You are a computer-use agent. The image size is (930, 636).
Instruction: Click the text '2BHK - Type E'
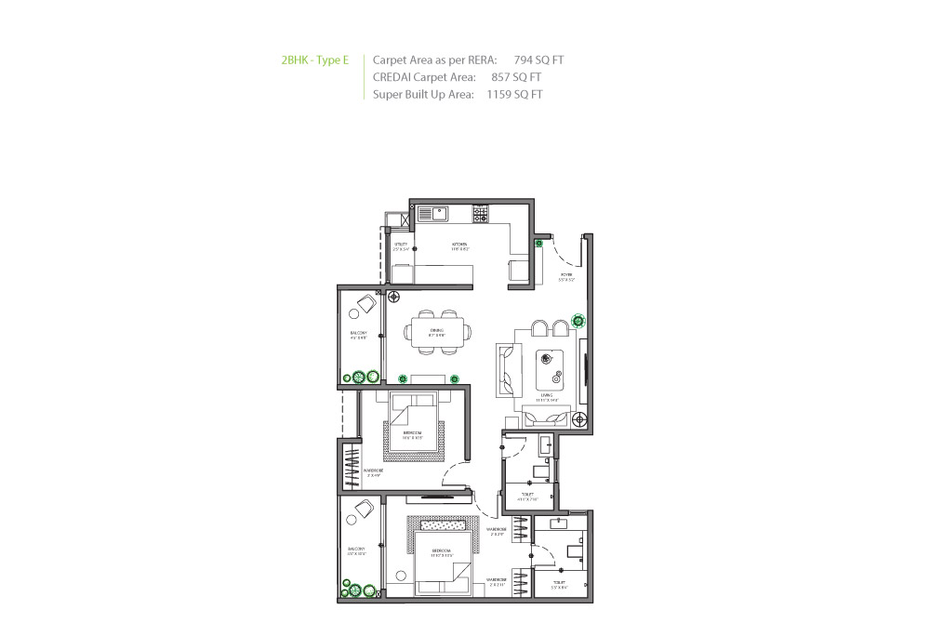314,60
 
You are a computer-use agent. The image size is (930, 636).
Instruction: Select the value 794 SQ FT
538,60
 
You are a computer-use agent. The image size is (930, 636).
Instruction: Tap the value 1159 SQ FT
514,94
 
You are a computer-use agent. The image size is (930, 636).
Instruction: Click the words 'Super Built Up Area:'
423,94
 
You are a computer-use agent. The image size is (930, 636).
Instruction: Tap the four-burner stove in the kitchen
481,214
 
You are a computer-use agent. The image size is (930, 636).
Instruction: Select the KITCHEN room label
459,246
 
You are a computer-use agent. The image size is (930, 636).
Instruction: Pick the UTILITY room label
400,246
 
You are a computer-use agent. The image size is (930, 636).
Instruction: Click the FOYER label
566,276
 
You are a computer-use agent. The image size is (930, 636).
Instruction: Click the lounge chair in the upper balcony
361,302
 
